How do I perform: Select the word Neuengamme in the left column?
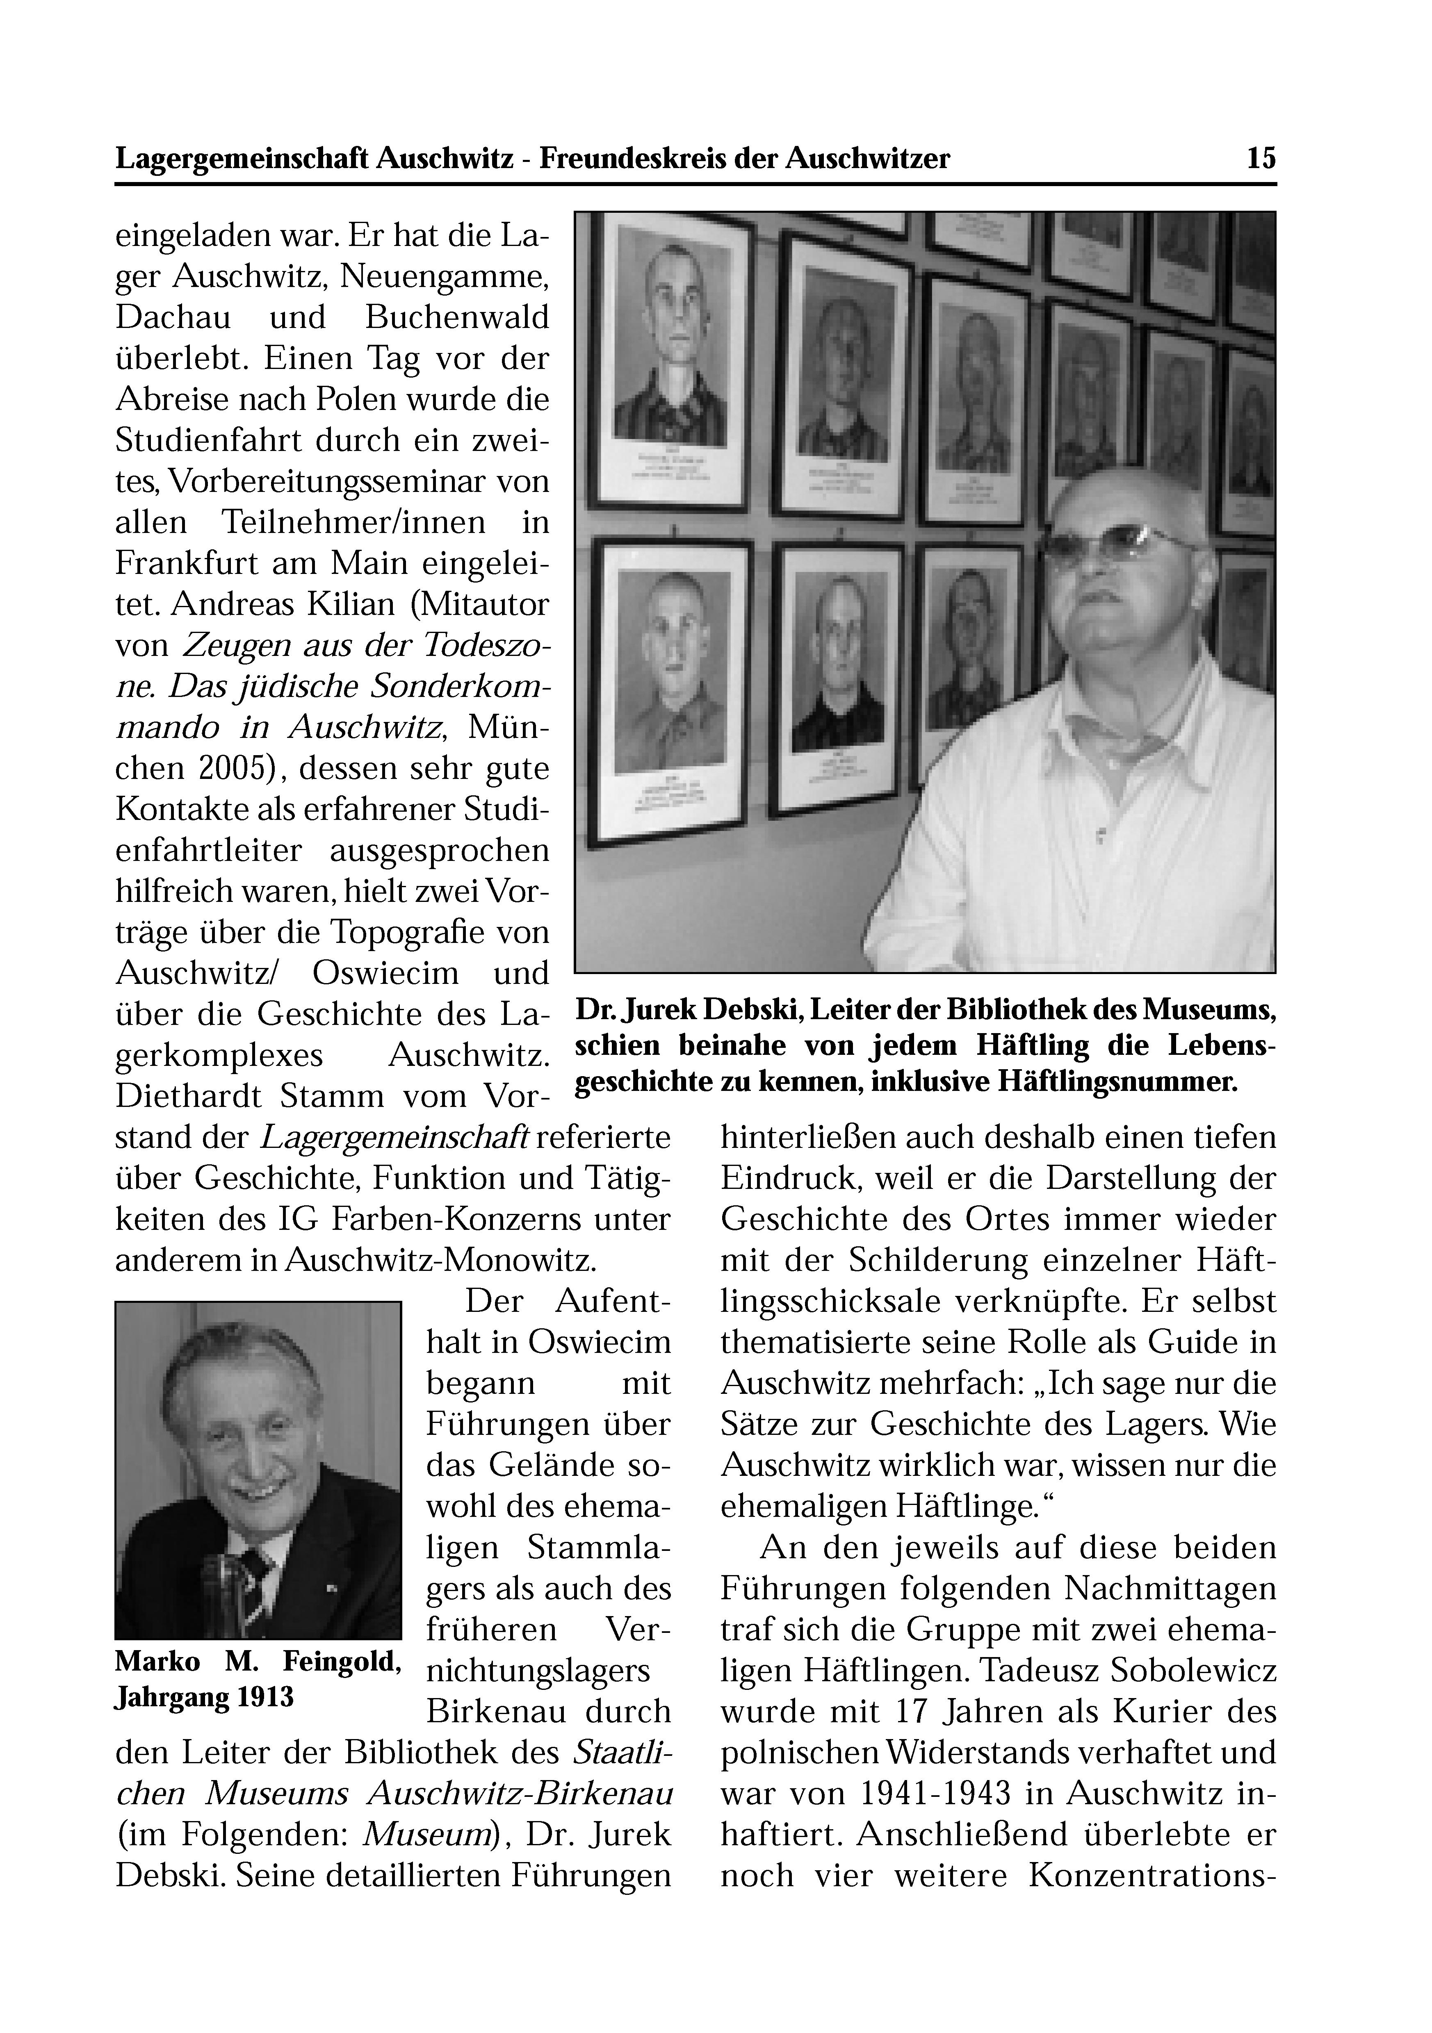pos(445,277)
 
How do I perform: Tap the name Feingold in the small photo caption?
pos(343,1662)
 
